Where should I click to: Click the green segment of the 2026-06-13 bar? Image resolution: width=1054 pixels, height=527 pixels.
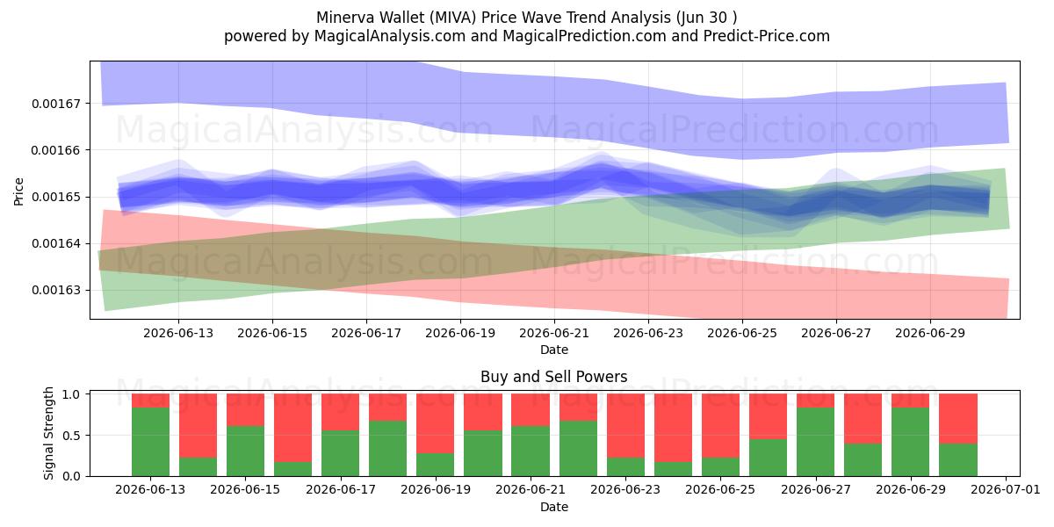pos(150,442)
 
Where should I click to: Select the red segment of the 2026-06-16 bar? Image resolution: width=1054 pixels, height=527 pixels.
pos(292,428)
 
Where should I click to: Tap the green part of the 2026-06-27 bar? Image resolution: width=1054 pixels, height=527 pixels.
pos(815,442)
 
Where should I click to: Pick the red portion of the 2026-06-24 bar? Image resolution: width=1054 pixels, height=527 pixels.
pos(673,428)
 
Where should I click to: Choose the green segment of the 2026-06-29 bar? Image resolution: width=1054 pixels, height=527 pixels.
pos(911,442)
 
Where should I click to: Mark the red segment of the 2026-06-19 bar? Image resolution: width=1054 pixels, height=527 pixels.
pos(436,423)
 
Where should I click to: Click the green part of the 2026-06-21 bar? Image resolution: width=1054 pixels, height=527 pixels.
pos(531,451)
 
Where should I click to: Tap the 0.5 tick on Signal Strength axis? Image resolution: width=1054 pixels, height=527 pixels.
pos(71,436)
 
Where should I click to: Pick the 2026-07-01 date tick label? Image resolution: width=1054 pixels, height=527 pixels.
pos(1006,489)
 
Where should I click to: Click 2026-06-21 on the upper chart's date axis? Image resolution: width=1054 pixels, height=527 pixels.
pos(554,333)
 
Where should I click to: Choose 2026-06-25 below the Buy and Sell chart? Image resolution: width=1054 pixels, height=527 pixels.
pos(720,489)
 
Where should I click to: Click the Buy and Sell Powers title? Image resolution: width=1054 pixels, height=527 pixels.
pos(554,377)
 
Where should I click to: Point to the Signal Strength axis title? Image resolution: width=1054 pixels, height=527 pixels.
pos(48,433)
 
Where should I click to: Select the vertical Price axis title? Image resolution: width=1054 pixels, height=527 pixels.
pos(18,191)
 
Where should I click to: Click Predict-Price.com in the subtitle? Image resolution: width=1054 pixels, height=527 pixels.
pos(767,36)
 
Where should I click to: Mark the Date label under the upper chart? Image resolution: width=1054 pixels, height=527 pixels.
pos(554,350)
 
